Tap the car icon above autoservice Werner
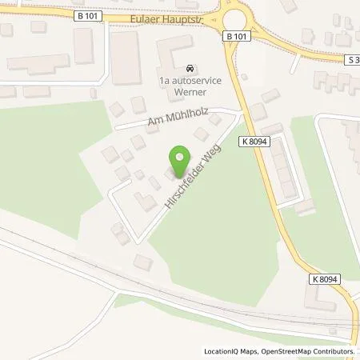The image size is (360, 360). click(189, 68)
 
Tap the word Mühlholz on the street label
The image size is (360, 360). click(183, 118)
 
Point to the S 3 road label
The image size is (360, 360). click(352, 59)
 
